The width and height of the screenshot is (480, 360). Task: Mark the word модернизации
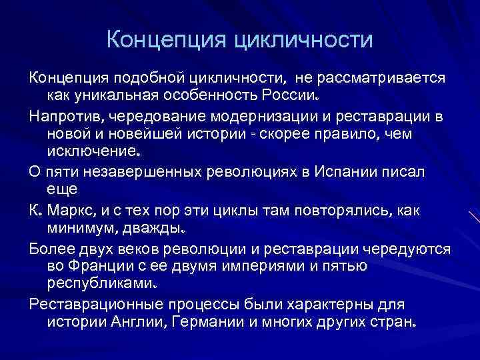pyautogui.click(x=284, y=117)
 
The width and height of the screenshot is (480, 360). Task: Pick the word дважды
pyautogui.click(x=157, y=229)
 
